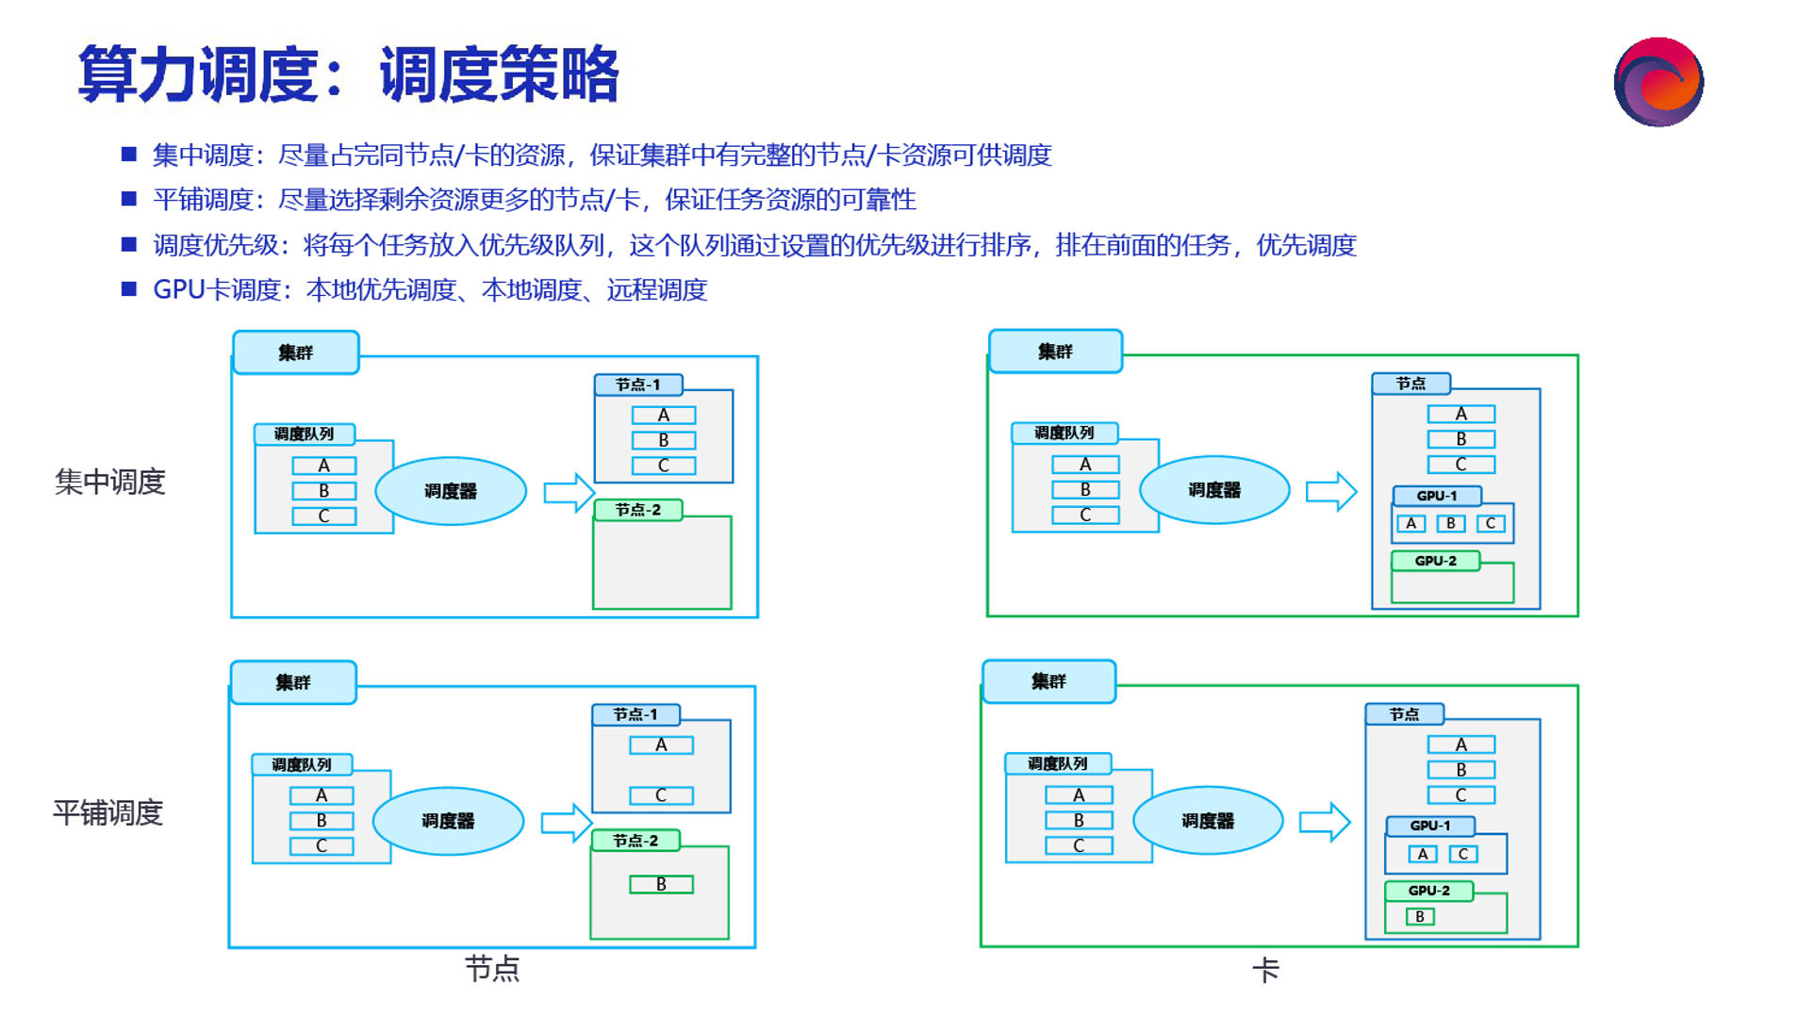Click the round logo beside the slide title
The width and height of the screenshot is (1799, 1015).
point(1658,82)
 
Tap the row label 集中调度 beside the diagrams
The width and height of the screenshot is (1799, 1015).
point(110,482)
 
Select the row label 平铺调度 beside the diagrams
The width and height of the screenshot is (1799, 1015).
point(108,812)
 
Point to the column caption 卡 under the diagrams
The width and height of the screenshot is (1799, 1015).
point(1265,970)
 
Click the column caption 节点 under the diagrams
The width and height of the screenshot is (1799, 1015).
point(492,969)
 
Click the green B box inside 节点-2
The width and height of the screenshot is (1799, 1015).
point(661,884)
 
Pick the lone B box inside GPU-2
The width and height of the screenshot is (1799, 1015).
point(1419,916)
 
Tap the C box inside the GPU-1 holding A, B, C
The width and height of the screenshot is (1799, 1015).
point(1490,523)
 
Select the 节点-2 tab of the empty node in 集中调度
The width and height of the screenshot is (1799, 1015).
point(637,510)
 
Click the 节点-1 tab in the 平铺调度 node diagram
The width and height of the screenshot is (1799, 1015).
point(635,714)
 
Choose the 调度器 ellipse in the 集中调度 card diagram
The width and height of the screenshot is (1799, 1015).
point(1214,490)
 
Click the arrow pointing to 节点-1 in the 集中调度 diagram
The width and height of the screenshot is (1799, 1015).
point(569,492)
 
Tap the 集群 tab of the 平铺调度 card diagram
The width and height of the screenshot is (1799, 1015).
point(1048,681)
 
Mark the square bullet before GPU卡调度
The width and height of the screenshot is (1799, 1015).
point(129,289)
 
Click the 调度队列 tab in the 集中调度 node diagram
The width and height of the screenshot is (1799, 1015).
point(304,434)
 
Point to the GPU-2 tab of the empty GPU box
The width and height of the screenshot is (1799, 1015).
point(1435,561)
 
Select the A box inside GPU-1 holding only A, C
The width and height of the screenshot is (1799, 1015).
point(1422,854)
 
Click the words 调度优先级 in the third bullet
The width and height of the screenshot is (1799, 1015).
point(216,245)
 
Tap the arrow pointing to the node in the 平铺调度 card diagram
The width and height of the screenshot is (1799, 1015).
point(1325,822)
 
